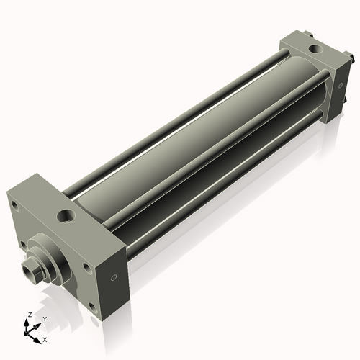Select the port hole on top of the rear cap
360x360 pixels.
coord(314,49)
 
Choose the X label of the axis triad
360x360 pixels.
coord(45,338)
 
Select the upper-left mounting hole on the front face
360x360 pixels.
coord(14,205)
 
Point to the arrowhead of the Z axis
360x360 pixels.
coord(27,321)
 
